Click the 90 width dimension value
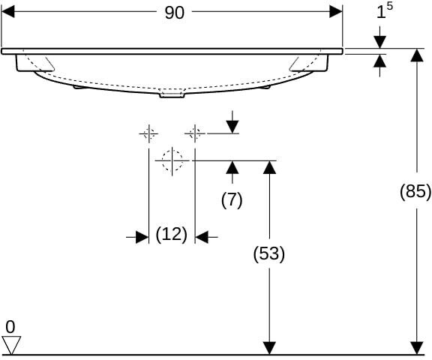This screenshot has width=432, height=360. point(174,13)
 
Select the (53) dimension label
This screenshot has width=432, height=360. point(269,253)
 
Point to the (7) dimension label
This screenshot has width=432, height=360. point(232,199)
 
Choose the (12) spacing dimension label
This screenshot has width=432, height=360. point(171,235)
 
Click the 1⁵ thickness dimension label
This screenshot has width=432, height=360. point(384,11)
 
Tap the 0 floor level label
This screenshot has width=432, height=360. point(10,327)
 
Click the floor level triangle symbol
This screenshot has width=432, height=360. point(11,345)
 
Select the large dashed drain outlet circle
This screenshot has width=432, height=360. point(172,160)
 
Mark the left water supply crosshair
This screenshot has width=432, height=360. point(148,133)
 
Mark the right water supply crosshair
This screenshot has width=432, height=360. point(195,133)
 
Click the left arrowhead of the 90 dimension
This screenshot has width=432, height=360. point(7,12)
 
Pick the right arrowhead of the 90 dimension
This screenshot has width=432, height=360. point(336,12)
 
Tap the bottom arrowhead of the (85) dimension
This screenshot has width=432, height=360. point(417,348)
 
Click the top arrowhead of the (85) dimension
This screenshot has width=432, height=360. point(417,55)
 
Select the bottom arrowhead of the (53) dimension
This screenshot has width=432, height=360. point(269,348)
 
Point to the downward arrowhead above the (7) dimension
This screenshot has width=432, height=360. point(232,127)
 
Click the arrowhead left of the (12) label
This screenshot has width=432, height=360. point(142,237)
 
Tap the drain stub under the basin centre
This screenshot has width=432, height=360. point(172,94)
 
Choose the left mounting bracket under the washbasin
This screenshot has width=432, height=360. point(34,63)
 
